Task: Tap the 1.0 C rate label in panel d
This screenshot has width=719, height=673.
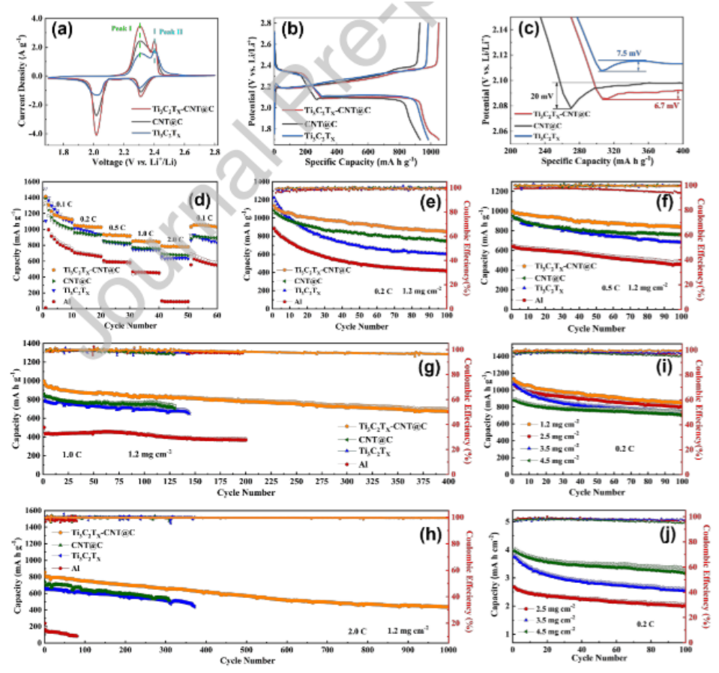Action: pos(145,233)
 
